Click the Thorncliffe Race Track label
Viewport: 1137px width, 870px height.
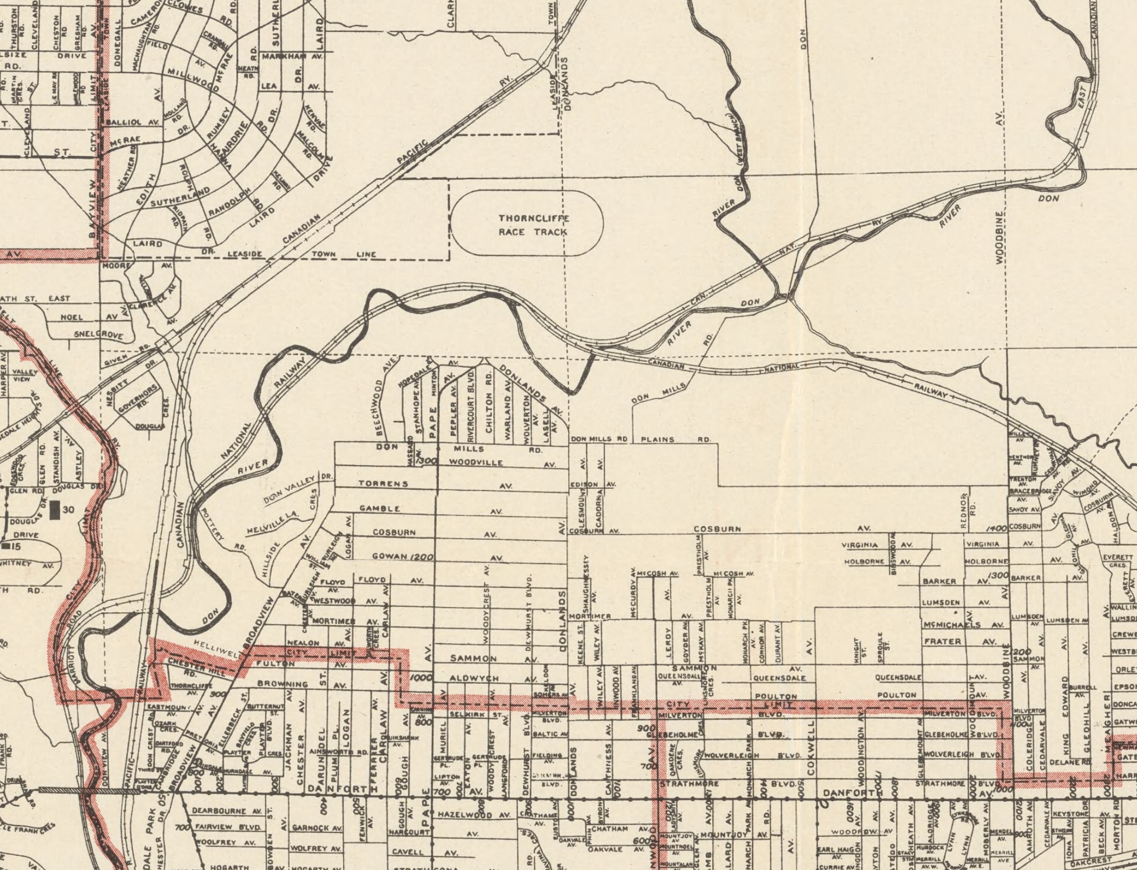533,225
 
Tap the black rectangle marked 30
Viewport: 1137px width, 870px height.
55,510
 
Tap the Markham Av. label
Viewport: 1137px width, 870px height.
291,56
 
